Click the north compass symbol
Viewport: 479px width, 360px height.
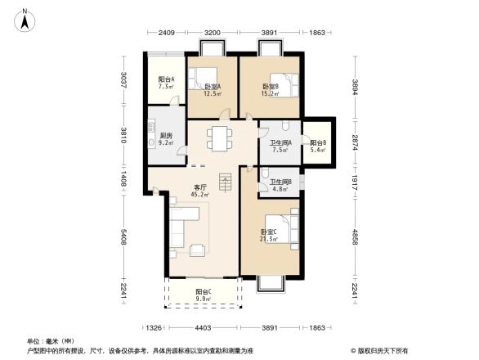click(25, 18)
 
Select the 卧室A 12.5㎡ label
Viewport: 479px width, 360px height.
click(213, 89)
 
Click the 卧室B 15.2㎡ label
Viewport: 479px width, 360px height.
click(271, 89)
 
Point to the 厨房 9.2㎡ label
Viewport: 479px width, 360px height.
click(165, 139)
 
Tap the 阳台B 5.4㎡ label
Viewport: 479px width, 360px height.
click(319, 147)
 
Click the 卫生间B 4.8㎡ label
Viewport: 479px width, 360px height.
click(280, 186)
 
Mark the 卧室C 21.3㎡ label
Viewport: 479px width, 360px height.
click(269, 236)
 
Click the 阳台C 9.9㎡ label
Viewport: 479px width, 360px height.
click(204, 295)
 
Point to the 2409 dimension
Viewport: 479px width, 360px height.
click(168, 33)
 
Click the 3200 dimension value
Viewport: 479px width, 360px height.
click(213, 33)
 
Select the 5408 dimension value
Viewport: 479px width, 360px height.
click(123, 238)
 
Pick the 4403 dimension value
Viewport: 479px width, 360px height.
click(204, 328)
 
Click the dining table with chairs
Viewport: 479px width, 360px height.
click(218, 137)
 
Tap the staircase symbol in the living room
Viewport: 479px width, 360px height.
click(226, 182)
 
